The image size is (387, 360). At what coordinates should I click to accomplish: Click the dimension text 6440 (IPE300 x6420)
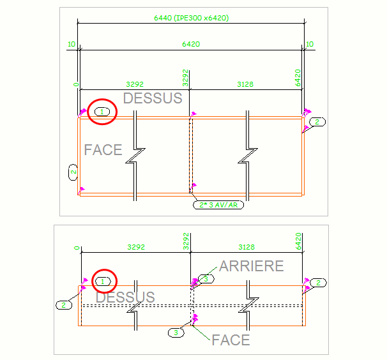tap(192, 18)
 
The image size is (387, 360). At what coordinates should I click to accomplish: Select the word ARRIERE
tap(252, 266)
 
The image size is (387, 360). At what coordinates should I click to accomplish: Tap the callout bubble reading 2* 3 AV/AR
tap(218, 205)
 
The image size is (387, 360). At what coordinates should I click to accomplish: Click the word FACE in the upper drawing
tap(103, 150)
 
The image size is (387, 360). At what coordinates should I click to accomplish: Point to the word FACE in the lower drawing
tap(231, 340)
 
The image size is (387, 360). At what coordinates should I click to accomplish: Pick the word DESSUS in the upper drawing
tap(153, 98)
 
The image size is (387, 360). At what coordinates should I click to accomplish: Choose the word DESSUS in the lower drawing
tap(125, 297)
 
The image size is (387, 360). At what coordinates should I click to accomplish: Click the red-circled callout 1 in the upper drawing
tap(102, 112)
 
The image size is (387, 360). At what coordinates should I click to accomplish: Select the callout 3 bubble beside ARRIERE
tap(206, 279)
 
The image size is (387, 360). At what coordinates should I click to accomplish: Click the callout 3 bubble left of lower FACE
tap(176, 333)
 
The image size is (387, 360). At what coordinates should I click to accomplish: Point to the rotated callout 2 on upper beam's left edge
tap(73, 172)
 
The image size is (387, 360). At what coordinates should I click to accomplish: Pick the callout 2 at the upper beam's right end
tap(317, 122)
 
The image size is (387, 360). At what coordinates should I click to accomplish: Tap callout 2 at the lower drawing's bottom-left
tap(64, 305)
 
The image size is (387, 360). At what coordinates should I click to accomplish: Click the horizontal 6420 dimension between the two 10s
tap(191, 44)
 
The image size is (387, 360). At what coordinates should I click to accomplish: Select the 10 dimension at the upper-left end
tap(72, 44)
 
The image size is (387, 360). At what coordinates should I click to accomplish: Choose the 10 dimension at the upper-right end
tap(310, 44)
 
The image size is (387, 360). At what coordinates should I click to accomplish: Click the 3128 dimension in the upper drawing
tap(245, 84)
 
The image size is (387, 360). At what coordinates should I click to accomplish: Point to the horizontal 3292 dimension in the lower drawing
tap(136, 247)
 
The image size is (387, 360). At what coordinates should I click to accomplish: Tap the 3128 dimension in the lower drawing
tap(247, 247)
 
